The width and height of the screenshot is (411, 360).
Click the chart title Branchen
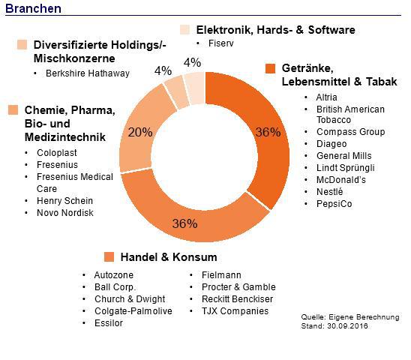(33, 8)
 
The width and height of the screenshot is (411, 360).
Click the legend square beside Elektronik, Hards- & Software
(184, 30)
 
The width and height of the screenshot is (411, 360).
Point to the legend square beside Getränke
(271, 68)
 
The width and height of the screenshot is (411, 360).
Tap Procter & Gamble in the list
(238, 287)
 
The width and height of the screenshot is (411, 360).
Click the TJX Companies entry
(235, 311)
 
